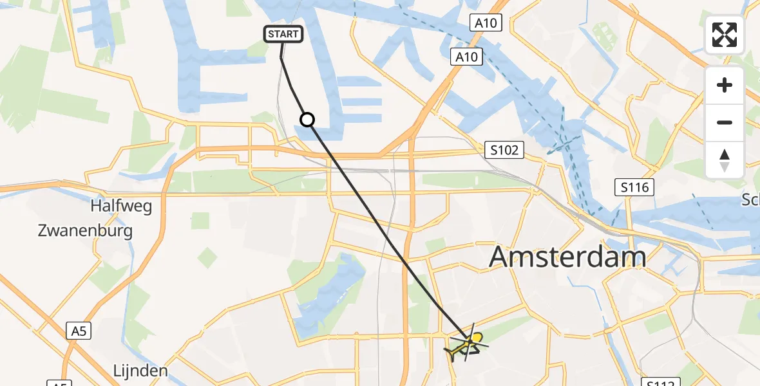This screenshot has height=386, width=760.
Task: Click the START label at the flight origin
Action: click(x=283, y=33)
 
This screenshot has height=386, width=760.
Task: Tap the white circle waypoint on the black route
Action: click(x=307, y=120)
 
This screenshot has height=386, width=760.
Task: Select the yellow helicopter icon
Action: click(x=469, y=344)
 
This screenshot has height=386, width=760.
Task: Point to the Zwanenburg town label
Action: click(x=85, y=230)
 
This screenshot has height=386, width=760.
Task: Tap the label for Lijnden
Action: click(x=140, y=371)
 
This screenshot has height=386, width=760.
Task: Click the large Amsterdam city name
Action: click(x=567, y=257)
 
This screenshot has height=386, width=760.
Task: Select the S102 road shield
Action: click(x=504, y=151)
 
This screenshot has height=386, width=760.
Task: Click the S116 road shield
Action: click(x=634, y=188)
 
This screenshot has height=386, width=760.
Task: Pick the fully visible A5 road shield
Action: click(x=78, y=331)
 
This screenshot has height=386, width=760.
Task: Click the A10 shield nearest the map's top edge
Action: click(x=486, y=24)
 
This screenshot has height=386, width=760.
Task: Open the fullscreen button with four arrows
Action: click(x=725, y=35)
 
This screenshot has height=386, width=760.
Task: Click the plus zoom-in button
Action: click(x=725, y=85)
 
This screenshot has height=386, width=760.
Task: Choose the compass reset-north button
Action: click(x=725, y=160)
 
